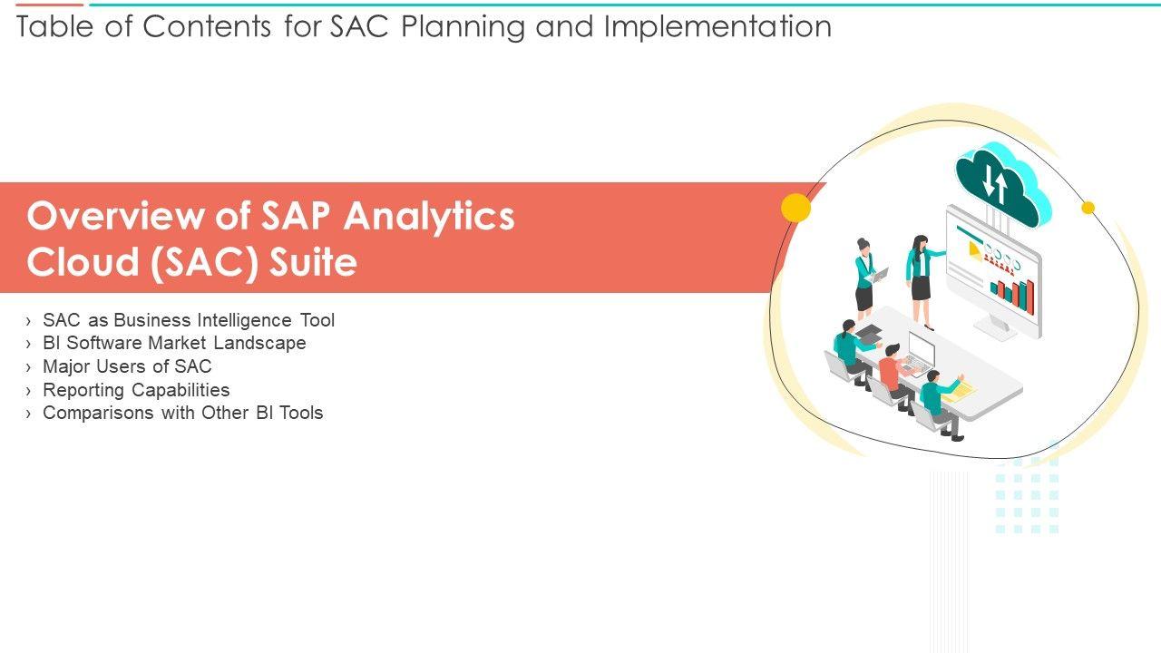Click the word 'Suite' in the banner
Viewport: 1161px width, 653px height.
click(x=313, y=262)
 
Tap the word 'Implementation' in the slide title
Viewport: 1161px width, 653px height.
click(x=717, y=27)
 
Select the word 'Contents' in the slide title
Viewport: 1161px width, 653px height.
click(x=206, y=26)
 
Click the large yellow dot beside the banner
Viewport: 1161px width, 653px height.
click(x=795, y=208)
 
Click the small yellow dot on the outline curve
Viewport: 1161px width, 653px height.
click(x=1088, y=208)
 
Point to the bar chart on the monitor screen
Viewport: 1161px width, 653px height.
click(x=1012, y=296)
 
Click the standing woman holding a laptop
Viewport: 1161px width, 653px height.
click(x=866, y=278)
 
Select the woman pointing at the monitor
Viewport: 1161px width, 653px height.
click(x=922, y=281)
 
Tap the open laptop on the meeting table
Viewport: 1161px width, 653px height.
click(x=920, y=356)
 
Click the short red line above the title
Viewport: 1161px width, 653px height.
click(x=49, y=5)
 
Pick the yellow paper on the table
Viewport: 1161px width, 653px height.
click(x=959, y=392)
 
